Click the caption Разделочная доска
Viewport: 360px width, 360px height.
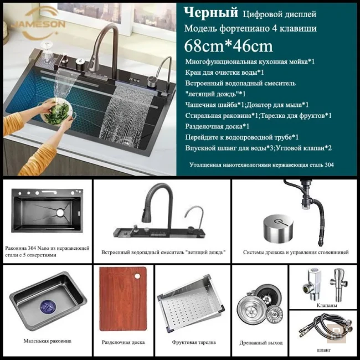pyautogui.click(x=124, y=342)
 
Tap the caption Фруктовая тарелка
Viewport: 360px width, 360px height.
pyautogui.click(x=193, y=342)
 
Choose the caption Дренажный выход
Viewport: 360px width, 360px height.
pyautogui.click(x=261, y=343)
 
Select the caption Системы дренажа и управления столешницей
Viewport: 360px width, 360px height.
pyautogui.click(x=296, y=252)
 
